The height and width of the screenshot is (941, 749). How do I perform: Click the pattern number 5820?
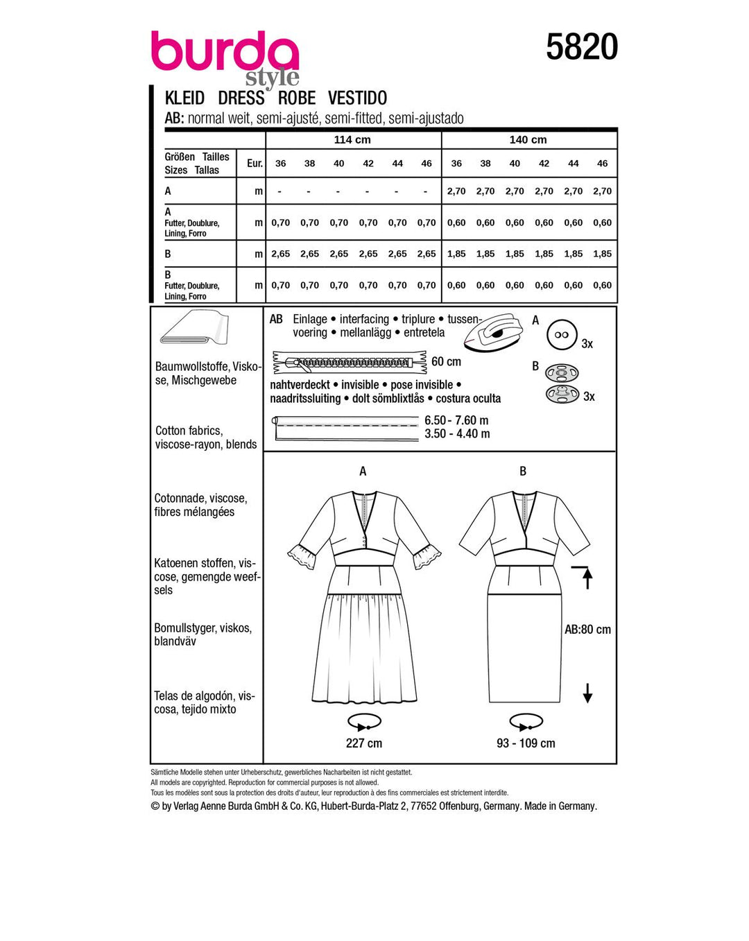click(581, 47)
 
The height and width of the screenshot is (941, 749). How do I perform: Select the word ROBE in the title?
click(297, 98)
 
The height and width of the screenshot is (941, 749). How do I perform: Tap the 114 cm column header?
click(352, 139)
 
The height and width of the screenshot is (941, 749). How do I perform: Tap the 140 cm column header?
click(528, 139)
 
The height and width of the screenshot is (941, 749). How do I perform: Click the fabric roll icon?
click(193, 328)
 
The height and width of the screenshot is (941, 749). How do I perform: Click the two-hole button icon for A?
click(561, 335)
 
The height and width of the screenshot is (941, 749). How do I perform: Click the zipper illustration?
click(349, 362)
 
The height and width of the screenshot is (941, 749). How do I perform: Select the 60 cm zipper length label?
click(446, 361)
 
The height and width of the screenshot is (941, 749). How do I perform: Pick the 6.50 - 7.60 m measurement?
click(456, 420)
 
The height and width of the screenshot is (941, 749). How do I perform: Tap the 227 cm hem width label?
click(363, 743)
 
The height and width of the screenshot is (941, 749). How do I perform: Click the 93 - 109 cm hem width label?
click(526, 743)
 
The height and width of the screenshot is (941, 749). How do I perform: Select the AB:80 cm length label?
click(587, 630)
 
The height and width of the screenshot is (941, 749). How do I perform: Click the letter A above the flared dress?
click(363, 472)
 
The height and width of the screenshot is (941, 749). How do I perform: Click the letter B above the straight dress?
click(523, 472)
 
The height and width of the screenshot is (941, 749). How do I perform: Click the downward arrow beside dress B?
click(587, 693)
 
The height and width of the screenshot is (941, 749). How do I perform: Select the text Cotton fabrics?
click(189, 431)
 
